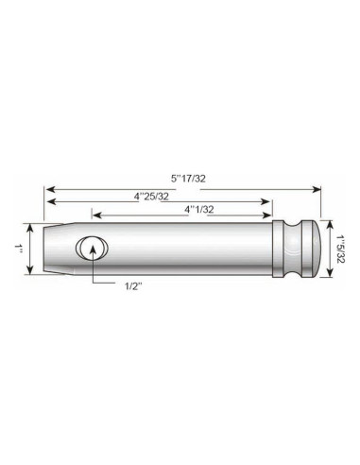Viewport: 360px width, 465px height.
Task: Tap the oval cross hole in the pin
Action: [92, 249]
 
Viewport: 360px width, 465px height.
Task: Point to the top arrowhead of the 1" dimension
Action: [29, 229]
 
